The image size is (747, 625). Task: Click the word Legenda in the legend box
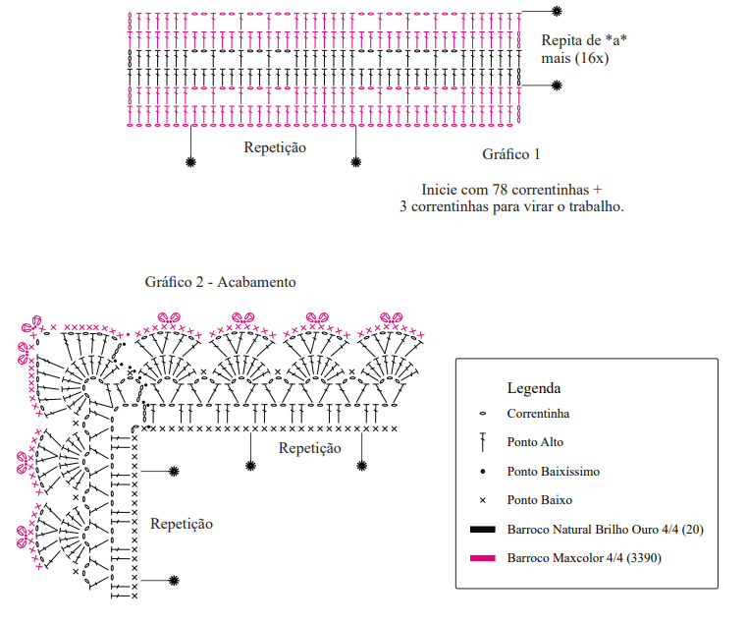(x=534, y=388)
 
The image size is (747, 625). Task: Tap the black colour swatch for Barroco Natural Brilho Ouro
(x=483, y=529)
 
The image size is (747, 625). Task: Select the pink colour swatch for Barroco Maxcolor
(x=483, y=558)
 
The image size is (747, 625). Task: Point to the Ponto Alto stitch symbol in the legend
(x=483, y=442)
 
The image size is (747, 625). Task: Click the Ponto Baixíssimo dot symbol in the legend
(x=483, y=472)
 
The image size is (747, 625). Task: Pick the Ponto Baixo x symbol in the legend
(x=483, y=500)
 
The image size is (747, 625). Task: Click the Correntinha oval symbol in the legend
(x=483, y=414)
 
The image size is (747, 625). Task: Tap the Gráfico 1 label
(x=510, y=154)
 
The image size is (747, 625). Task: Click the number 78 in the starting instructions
(x=500, y=190)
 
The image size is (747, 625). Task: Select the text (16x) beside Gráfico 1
(x=591, y=58)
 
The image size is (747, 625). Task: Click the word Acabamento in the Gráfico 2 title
(x=256, y=282)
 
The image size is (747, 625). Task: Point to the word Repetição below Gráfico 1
(x=275, y=147)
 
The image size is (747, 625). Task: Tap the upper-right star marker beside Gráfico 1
(x=557, y=11)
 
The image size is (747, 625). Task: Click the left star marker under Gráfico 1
(x=190, y=162)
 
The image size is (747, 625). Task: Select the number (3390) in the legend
(x=644, y=558)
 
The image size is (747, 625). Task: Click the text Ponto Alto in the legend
(x=535, y=442)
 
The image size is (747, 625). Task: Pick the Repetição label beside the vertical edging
(x=182, y=524)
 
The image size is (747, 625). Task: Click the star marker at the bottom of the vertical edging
(x=174, y=581)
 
